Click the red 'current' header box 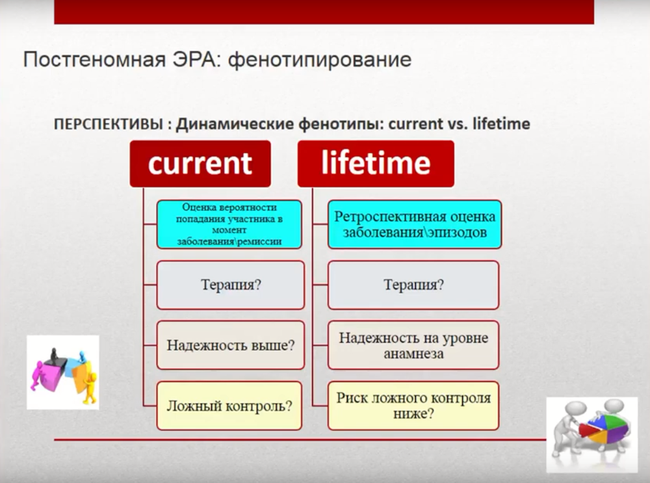click(x=200, y=164)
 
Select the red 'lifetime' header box click(x=376, y=164)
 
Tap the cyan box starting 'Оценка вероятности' click(x=229, y=224)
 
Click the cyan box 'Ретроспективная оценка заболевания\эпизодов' click(x=415, y=224)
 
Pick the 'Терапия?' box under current click(x=231, y=285)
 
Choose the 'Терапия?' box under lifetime click(x=413, y=285)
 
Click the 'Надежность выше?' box click(x=231, y=345)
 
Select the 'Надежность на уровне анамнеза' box click(x=413, y=345)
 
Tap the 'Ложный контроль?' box click(x=229, y=406)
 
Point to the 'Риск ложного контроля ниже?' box click(x=413, y=406)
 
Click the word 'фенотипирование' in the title click(x=320, y=60)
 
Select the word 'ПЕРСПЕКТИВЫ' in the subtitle click(x=109, y=124)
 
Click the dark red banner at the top click(x=324, y=12)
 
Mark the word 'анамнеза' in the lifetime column click(x=413, y=354)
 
